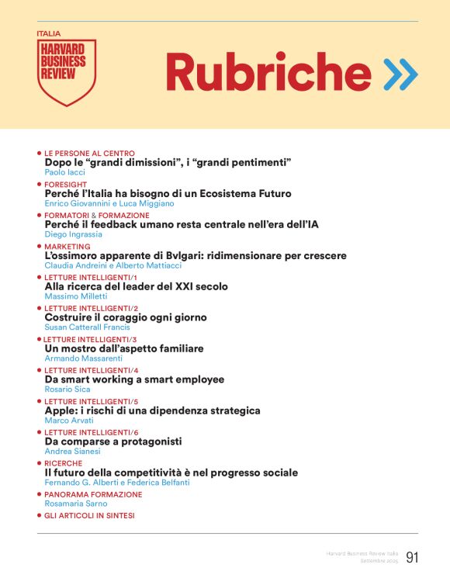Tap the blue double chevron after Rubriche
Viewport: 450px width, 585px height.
(400, 74)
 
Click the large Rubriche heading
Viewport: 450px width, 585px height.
(258, 73)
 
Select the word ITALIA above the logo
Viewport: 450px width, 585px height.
(48, 34)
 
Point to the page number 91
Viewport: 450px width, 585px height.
(411, 556)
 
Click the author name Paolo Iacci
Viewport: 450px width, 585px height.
(66, 172)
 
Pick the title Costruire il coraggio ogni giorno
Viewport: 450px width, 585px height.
(126, 317)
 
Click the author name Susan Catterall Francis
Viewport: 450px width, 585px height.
(87, 327)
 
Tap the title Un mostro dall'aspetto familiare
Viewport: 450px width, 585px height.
(124, 348)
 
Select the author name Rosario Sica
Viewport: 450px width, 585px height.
(67, 389)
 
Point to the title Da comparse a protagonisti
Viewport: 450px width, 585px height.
(113, 441)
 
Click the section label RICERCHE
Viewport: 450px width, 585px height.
(63, 463)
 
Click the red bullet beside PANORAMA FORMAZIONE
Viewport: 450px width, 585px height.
(40, 494)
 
